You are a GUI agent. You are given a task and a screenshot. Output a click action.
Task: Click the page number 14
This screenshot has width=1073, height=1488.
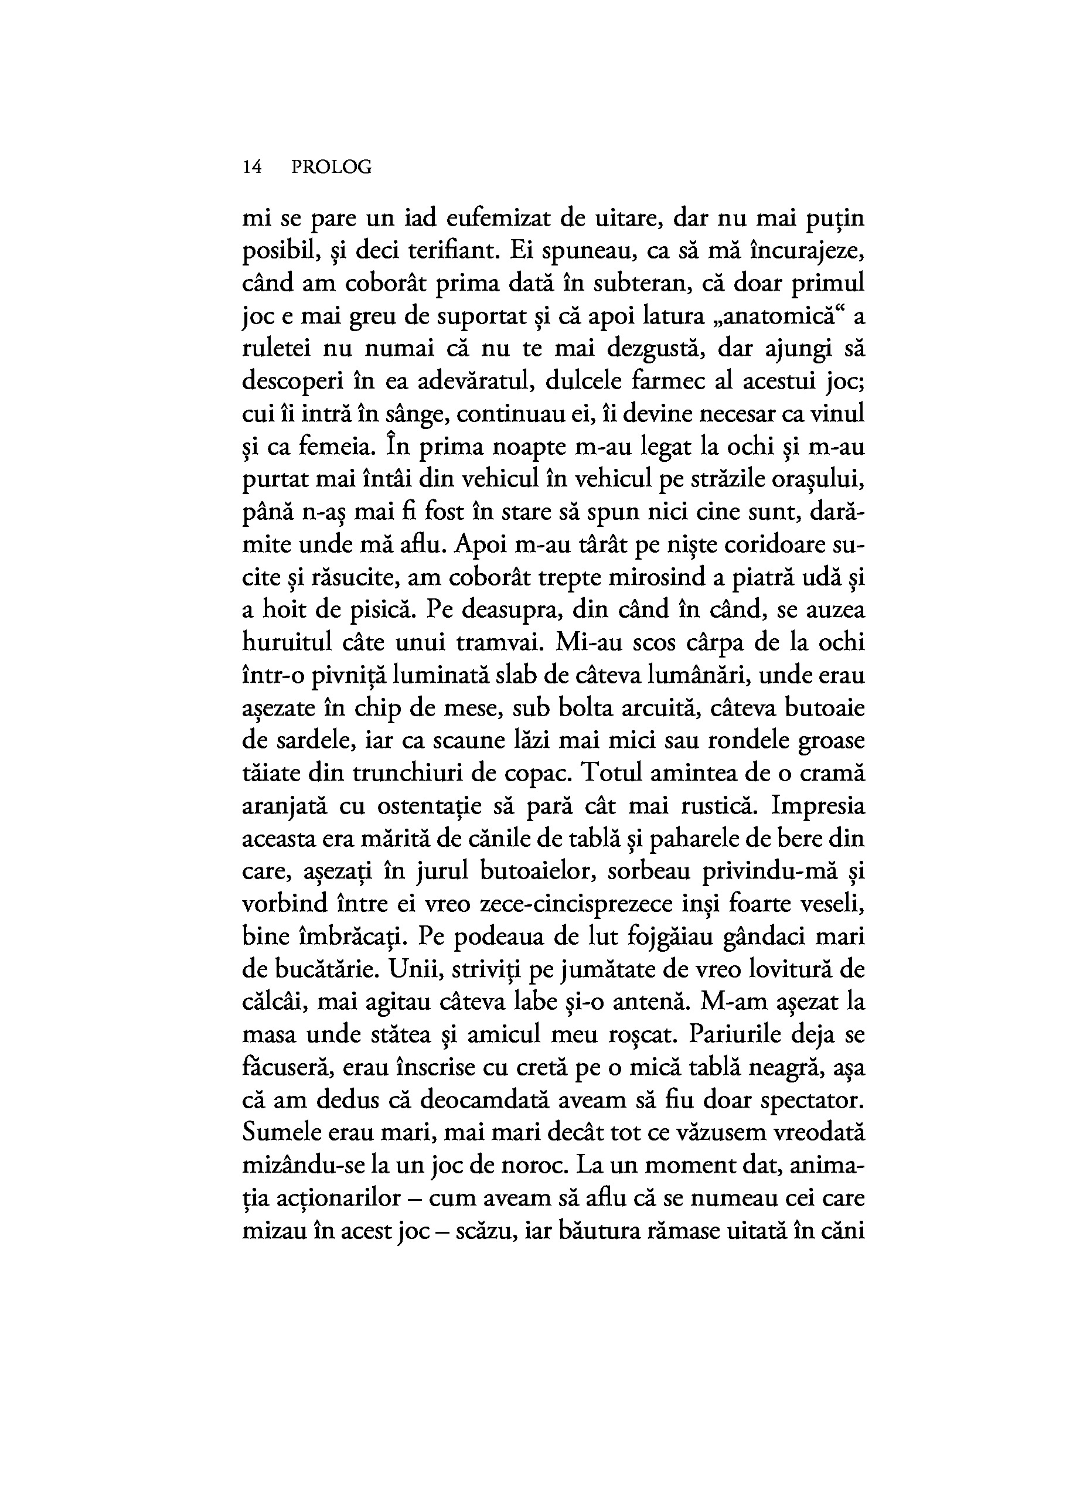pyautogui.click(x=252, y=168)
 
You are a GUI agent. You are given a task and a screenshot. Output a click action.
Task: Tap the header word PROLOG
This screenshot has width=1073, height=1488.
pyautogui.click(x=331, y=168)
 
